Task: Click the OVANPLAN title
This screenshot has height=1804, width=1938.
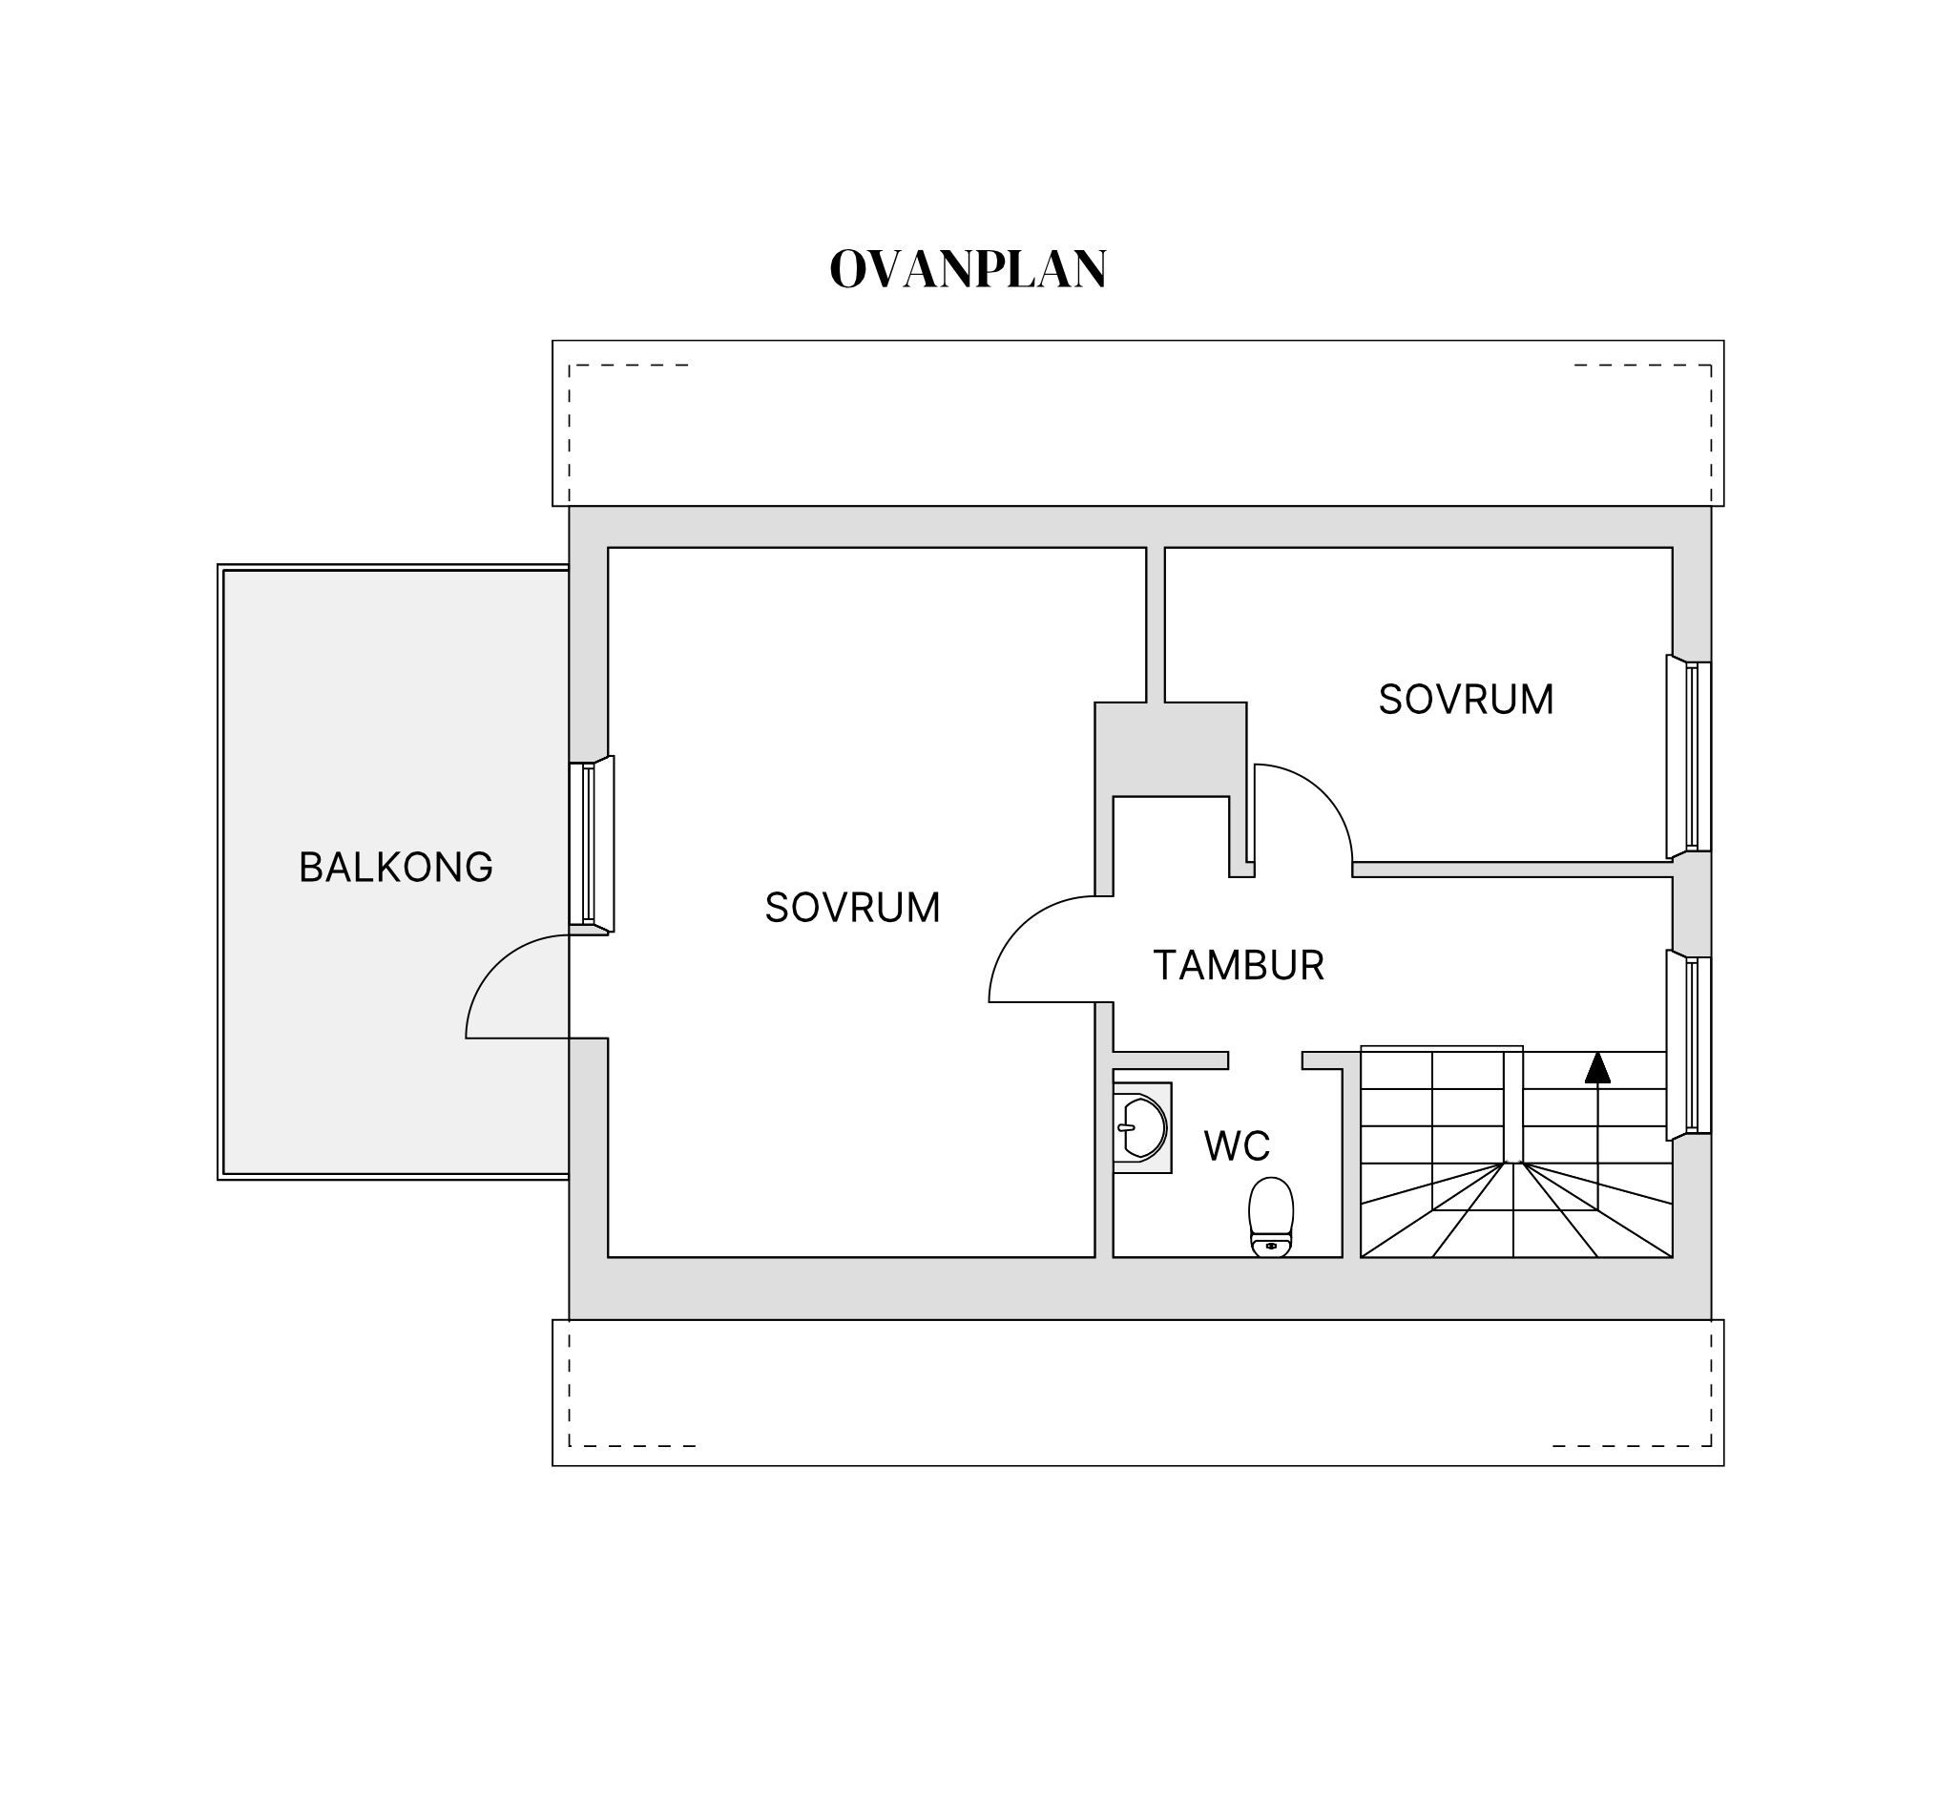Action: point(968,269)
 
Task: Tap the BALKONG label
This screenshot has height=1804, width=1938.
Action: point(396,868)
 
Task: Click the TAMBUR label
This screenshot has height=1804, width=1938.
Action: point(1238,965)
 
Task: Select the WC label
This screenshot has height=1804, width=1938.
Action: point(1237,1146)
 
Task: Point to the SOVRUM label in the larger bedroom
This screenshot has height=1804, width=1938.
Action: point(853,908)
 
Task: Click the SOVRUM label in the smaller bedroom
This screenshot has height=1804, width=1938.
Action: point(1467,700)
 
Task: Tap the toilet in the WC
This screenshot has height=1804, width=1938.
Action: point(1271,1217)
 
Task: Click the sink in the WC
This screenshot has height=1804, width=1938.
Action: point(1141,1127)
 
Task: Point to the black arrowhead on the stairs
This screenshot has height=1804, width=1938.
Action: point(1597,1068)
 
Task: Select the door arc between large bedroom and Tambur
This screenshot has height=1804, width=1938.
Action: point(1020,926)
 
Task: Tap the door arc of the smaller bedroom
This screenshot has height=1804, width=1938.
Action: point(1323,794)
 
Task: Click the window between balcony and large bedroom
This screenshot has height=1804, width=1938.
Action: point(592,844)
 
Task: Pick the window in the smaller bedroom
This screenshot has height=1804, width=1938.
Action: point(1689,758)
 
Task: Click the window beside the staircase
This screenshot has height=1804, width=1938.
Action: point(1689,1044)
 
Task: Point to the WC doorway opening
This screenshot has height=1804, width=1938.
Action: point(1265,1060)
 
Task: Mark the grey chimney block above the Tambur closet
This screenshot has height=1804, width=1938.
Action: point(1171,749)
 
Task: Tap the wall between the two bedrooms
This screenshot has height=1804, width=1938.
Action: point(1156,624)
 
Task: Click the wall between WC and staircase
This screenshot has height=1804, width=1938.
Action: point(1352,1163)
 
